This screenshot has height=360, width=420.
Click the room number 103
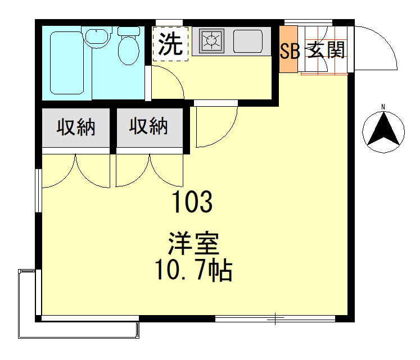pyautogui.click(x=192, y=202)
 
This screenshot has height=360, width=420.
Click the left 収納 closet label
pyautogui.click(x=75, y=127)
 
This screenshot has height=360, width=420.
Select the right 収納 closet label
pyautogui.click(x=149, y=127)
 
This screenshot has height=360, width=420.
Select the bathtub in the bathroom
pyautogui.click(x=66, y=63)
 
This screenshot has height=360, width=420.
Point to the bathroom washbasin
pyautogui.click(x=97, y=38)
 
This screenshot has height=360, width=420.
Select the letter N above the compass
pyautogui.click(x=383, y=107)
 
